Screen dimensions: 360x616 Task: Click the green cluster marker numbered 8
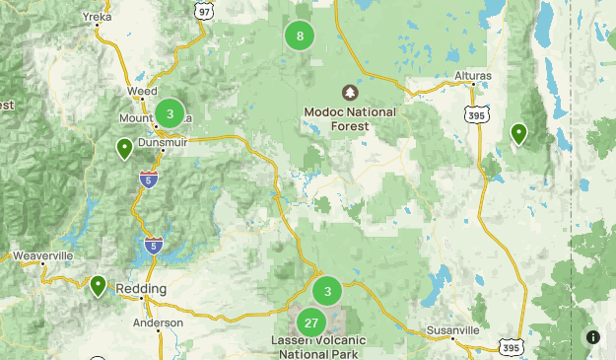click(x=300, y=36)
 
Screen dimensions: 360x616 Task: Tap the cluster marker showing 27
click(x=311, y=323)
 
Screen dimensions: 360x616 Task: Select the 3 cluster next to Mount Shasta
click(x=170, y=113)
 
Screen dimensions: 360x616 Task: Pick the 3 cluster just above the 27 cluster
click(x=327, y=291)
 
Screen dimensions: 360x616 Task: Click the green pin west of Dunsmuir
click(x=124, y=149)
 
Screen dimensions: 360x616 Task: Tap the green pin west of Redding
click(x=98, y=286)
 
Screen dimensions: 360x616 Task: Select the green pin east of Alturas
click(x=518, y=133)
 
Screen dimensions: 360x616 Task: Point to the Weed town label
click(x=142, y=91)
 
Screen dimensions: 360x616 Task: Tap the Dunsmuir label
click(x=164, y=142)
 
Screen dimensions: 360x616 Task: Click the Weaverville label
click(x=43, y=255)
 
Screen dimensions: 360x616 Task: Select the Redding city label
click(x=141, y=288)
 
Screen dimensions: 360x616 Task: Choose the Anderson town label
click(x=159, y=323)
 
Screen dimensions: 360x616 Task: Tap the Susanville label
click(x=453, y=329)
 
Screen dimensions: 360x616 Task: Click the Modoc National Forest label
click(x=350, y=118)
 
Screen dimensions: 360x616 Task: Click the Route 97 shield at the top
click(x=204, y=9)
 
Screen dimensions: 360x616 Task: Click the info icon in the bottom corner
click(x=593, y=336)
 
